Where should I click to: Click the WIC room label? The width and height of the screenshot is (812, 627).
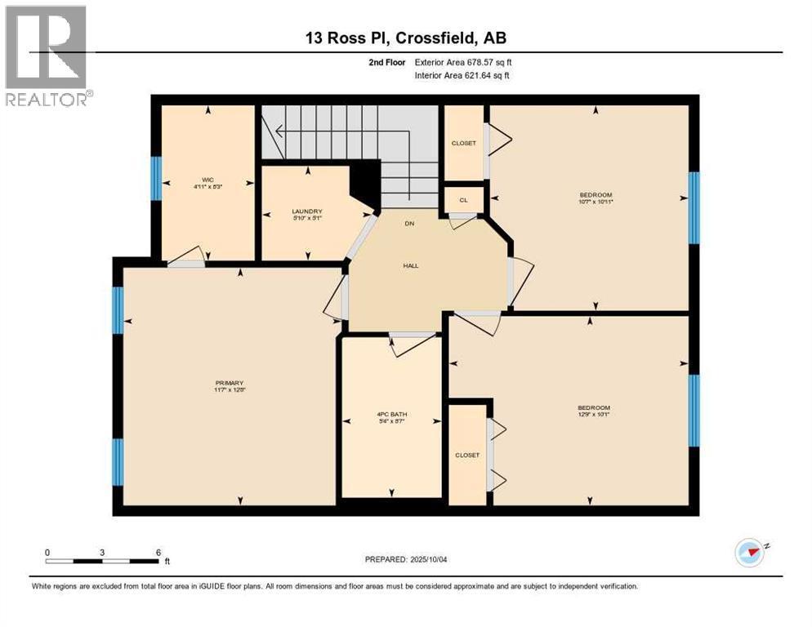pos(207,180)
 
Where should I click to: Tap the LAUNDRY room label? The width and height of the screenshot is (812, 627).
pos(308,211)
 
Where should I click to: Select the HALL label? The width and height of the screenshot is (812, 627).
pos(410,265)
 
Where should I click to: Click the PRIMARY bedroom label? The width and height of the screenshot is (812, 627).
pos(230,383)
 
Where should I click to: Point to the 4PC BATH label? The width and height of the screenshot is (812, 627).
pos(392,415)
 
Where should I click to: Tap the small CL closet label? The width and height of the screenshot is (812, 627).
pos(463,199)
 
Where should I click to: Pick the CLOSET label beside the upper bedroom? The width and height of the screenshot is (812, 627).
pos(463,143)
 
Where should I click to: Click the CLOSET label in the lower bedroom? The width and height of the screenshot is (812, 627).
pos(467,455)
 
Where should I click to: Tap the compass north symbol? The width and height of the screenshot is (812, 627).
pos(749,553)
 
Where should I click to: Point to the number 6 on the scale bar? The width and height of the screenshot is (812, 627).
pos(158,552)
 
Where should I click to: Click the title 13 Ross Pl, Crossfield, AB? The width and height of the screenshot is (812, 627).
pos(406,38)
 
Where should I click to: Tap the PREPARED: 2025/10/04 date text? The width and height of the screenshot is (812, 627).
pos(406,559)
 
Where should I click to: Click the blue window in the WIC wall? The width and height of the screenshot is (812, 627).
pos(155,178)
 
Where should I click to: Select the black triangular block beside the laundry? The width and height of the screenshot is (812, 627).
pos(367,184)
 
